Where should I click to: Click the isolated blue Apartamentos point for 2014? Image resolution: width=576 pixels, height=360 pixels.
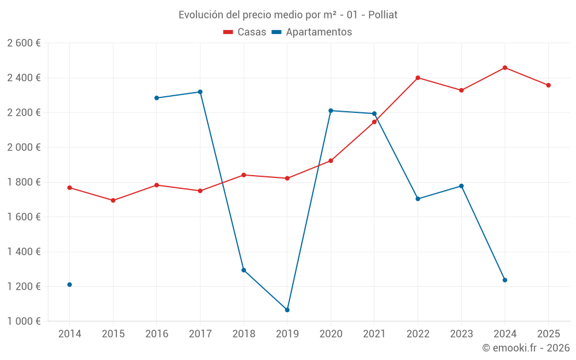pos(70,285)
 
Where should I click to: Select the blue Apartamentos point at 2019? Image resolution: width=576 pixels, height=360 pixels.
pos(287,310)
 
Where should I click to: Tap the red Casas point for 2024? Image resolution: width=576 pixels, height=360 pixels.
pos(505,67)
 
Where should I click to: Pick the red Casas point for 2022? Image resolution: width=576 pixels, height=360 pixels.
pos(418,78)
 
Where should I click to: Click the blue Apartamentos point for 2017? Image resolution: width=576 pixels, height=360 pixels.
pos(200,92)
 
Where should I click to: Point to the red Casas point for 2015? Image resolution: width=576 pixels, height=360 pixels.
pos(113,200)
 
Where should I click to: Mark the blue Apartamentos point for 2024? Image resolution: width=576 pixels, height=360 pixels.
pos(505,280)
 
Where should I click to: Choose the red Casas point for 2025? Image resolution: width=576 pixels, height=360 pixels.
pos(548,85)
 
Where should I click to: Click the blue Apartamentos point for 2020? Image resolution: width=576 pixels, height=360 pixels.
pos(331,111)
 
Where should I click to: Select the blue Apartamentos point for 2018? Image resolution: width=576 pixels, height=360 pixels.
pos(244,270)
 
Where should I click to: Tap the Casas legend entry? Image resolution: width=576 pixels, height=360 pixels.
pos(245,32)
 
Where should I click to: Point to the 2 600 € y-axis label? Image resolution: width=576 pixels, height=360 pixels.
pos(24,43)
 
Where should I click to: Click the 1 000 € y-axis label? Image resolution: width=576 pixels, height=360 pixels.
pos(24,321)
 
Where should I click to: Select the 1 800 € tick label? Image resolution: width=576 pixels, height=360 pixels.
pos(24,182)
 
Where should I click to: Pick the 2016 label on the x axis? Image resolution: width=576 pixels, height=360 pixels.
pos(157,334)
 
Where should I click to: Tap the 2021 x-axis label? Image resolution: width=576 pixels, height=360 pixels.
pos(374,334)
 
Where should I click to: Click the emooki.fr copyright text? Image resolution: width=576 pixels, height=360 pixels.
pos(526,348)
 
